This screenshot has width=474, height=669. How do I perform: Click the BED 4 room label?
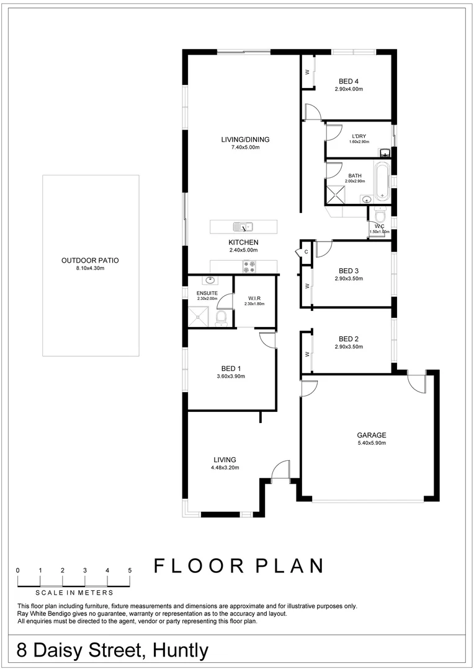(348, 81)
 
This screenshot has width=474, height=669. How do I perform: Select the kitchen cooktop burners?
(249, 266)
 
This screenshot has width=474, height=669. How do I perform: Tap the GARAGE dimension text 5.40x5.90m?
(371, 443)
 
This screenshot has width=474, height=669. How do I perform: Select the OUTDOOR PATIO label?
(90, 260)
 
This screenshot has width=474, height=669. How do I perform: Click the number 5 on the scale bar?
(130, 570)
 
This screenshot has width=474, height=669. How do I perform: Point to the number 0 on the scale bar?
(18, 570)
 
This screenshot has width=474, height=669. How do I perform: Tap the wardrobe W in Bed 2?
(306, 354)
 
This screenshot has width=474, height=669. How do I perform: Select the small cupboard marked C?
(306, 251)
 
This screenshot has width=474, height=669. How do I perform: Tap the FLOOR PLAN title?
(239, 566)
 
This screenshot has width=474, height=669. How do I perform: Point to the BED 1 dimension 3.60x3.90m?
(231, 376)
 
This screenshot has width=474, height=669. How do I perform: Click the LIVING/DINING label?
(245, 139)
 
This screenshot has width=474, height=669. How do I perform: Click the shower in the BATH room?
(337, 195)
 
